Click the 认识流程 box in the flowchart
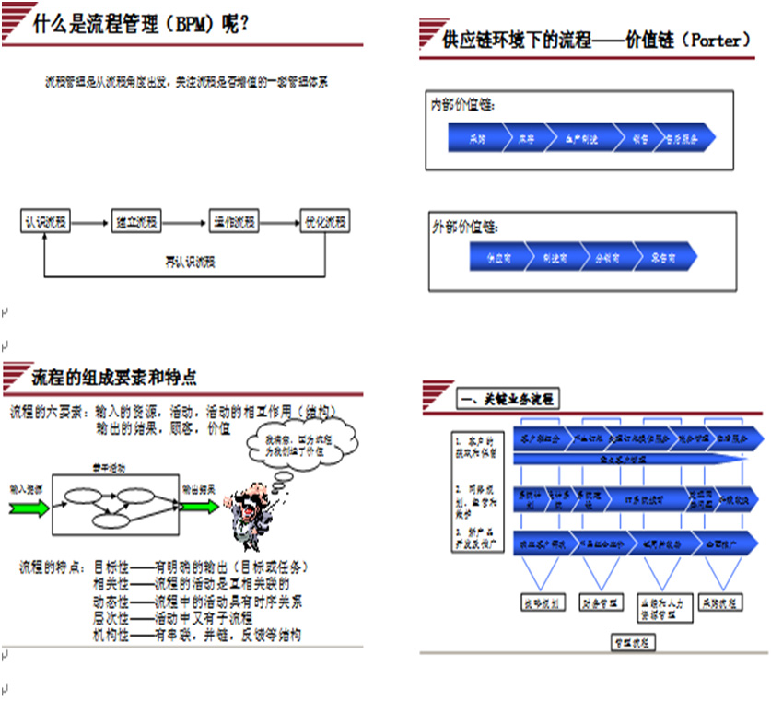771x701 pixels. [x=46, y=222]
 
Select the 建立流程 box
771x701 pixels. [x=135, y=222]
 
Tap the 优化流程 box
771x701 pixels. [x=325, y=222]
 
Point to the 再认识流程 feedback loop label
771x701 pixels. [x=185, y=262]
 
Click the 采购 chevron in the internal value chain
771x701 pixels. [x=477, y=138]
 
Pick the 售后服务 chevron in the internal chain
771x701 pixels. [x=681, y=138]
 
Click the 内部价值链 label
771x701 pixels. [x=463, y=105]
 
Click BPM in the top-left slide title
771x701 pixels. [x=183, y=23]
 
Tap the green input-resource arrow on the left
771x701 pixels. [x=28, y=502]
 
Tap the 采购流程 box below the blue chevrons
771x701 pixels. [x=719, y=602]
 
